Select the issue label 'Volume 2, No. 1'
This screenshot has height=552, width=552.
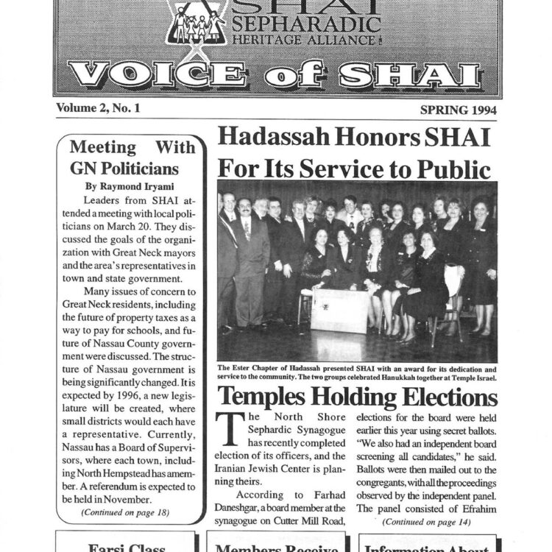(x=98, y=108)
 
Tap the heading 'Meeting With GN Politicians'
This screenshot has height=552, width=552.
(x=132, y=157)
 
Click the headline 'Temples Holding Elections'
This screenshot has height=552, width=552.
(x=357, y=397)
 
